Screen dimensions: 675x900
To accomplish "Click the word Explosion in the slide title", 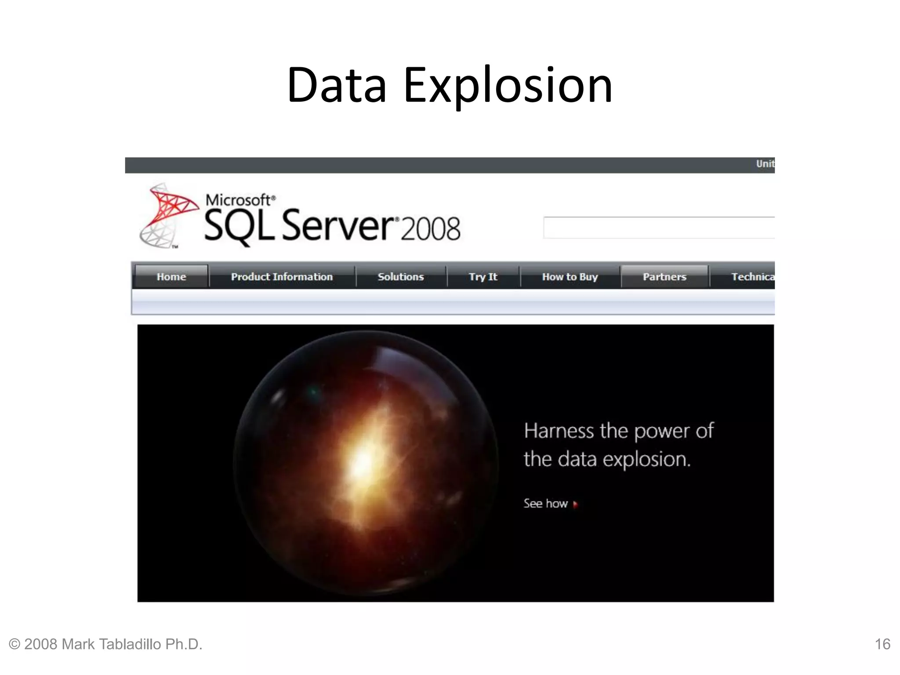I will tap(508, 86).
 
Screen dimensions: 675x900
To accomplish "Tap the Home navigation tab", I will tap(171, 276).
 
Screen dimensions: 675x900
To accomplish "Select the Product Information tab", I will tap(282, 276).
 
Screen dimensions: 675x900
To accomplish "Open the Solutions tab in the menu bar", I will tap(401, 276).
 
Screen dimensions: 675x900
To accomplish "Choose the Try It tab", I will tap(483, 276).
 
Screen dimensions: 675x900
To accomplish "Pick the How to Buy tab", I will tap(570, 276).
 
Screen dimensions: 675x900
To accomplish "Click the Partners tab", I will tap(664, 276).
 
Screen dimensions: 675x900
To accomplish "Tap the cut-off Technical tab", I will tap(752, 276).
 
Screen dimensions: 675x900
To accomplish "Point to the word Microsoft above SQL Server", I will tap(239, 200).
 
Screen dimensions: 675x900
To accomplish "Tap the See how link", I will tap(545, 504).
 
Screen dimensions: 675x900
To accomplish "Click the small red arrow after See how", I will tap(575, 504).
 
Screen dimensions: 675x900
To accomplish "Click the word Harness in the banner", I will tap(559, 431).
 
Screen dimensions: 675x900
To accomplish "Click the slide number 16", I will tap(882, 644).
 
